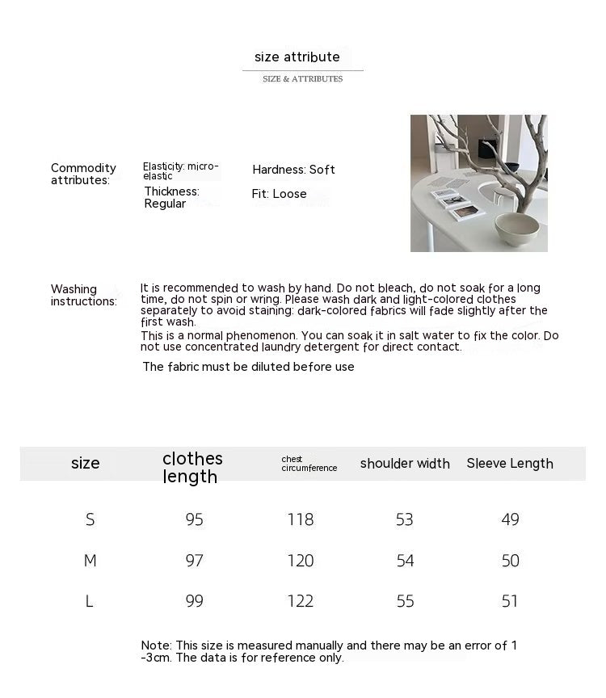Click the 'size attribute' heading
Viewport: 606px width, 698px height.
[297, 57]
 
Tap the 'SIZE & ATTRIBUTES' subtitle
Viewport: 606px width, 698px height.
[302, 79]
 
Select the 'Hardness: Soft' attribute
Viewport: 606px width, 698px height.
[293, 170]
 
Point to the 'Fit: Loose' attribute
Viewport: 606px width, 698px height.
[279, 194]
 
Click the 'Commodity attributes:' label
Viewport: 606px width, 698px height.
[83, 174]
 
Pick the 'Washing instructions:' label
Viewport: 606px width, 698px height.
[83, 295]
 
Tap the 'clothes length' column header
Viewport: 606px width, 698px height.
[191, 468]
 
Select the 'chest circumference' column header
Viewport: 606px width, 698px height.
[309, 464]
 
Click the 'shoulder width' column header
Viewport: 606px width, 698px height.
[405, 464]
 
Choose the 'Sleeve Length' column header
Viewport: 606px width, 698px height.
[510, 464]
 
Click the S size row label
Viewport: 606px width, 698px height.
[90, 519]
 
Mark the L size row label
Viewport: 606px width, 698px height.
[89, 601]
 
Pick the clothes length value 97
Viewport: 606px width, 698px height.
[194, 561]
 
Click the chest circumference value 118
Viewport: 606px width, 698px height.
[300, 519]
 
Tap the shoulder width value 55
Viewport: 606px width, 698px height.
[405, 601]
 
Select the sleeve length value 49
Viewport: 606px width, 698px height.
[510, 519]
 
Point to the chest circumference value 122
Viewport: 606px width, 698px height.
[300, 601]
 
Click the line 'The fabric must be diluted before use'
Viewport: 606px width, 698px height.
[248, 367]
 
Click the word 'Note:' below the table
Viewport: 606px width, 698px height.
[156, 645]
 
